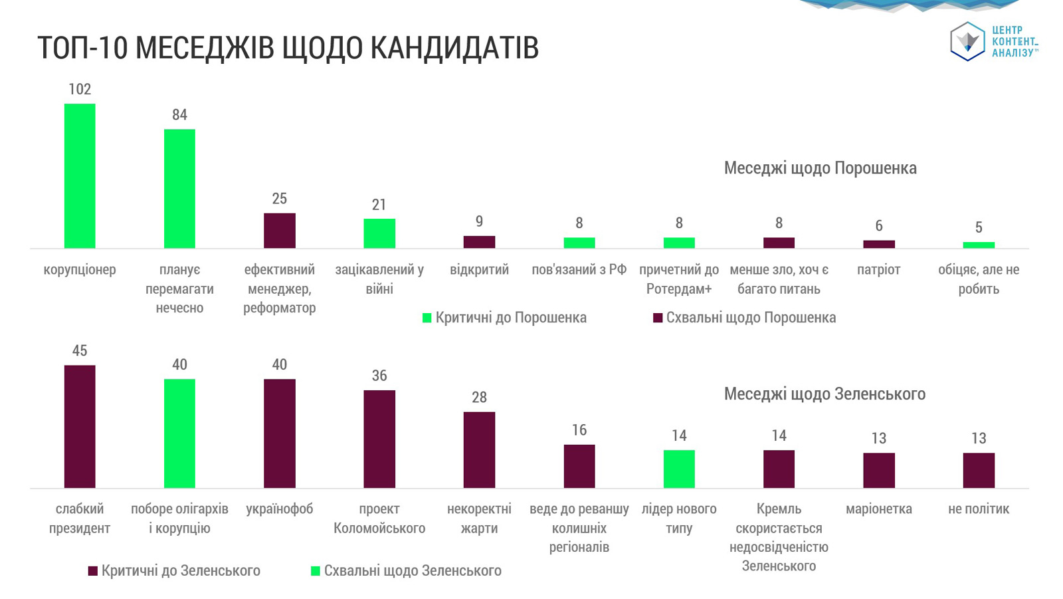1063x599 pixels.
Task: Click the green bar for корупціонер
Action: point(80,176)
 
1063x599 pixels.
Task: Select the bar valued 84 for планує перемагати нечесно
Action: point(179,189)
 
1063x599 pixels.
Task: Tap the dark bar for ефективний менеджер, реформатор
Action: point(280,231)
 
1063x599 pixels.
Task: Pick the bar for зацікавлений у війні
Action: point(379,234)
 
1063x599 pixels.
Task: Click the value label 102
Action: point(80,89)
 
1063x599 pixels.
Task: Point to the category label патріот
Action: point(878,270)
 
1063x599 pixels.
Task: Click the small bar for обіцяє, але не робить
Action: point(979,245)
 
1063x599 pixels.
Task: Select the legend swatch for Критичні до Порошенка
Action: point(427,318)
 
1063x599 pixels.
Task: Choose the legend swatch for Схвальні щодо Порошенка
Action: point(657,318)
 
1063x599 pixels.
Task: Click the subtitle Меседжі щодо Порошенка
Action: point(820,168)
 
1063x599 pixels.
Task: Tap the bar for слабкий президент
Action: point(80,427)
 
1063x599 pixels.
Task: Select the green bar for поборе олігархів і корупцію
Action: point(179,433)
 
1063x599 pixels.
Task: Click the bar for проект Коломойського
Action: point(379,439)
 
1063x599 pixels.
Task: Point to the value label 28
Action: point(479,397)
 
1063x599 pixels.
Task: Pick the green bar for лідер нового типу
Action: point(679,469)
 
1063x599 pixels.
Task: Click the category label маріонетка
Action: point(879,509)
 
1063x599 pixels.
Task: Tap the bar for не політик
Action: point(979,470)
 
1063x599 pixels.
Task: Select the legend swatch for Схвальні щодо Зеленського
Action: point(315,571)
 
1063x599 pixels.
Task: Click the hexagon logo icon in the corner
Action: point(967,41)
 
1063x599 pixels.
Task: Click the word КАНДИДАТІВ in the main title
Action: point(454,47)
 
